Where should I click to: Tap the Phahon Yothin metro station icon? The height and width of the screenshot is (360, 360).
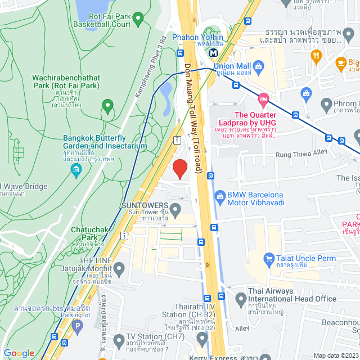click(x=213, y=52)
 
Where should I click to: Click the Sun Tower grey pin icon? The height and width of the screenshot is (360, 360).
click(x=175, y=211)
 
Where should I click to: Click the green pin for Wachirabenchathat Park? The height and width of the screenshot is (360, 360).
click(x=107, y=105)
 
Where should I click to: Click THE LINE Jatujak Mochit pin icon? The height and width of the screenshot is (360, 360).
click(x=119, y=268)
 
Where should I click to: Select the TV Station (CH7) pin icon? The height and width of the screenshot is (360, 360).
click(x=119, y=340)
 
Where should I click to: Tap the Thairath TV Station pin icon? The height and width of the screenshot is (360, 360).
click(x=202, y=337)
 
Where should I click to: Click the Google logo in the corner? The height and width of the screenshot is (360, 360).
click(x=18, y=353)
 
